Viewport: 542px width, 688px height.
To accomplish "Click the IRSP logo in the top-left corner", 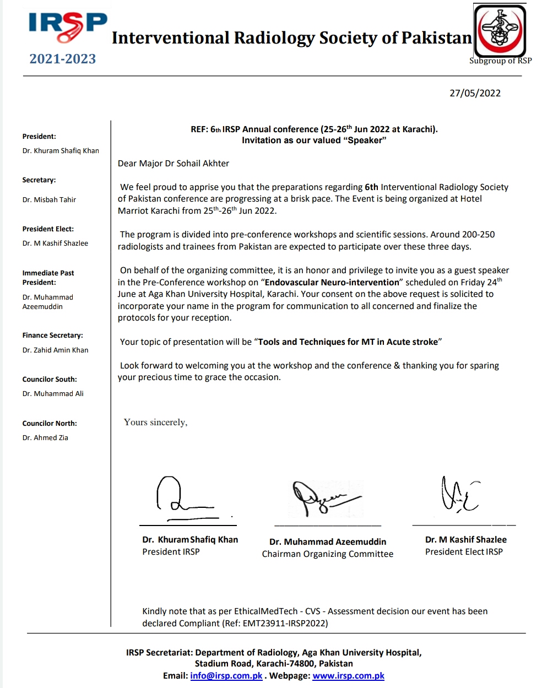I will (68, 28).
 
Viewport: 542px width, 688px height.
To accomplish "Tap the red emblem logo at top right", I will (501, 31).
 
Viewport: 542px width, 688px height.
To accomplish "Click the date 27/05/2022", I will (475, 93).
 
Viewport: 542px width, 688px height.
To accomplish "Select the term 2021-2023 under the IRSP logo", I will (63, 59).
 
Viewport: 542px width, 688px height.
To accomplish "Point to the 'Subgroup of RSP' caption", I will (500, 61).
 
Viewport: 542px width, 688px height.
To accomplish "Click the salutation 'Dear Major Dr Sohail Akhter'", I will (174, 163).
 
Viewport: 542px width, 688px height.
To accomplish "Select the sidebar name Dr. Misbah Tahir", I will (49, 199).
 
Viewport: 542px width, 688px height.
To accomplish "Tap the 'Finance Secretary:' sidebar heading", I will (52, 335).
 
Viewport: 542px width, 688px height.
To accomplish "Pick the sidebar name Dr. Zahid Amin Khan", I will (55, 350).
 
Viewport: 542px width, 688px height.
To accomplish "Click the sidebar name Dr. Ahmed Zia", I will (45, 437).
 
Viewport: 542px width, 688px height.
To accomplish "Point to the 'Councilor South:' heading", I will (50, 379).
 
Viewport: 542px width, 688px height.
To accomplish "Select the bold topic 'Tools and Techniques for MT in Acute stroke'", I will (348, 342).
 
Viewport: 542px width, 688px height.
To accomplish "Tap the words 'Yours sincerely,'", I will (155, 422).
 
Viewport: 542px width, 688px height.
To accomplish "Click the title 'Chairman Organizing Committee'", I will (327, 554).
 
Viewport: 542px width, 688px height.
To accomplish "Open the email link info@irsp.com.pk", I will (226, 675).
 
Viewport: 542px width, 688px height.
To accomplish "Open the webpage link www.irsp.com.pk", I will (348, 675).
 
